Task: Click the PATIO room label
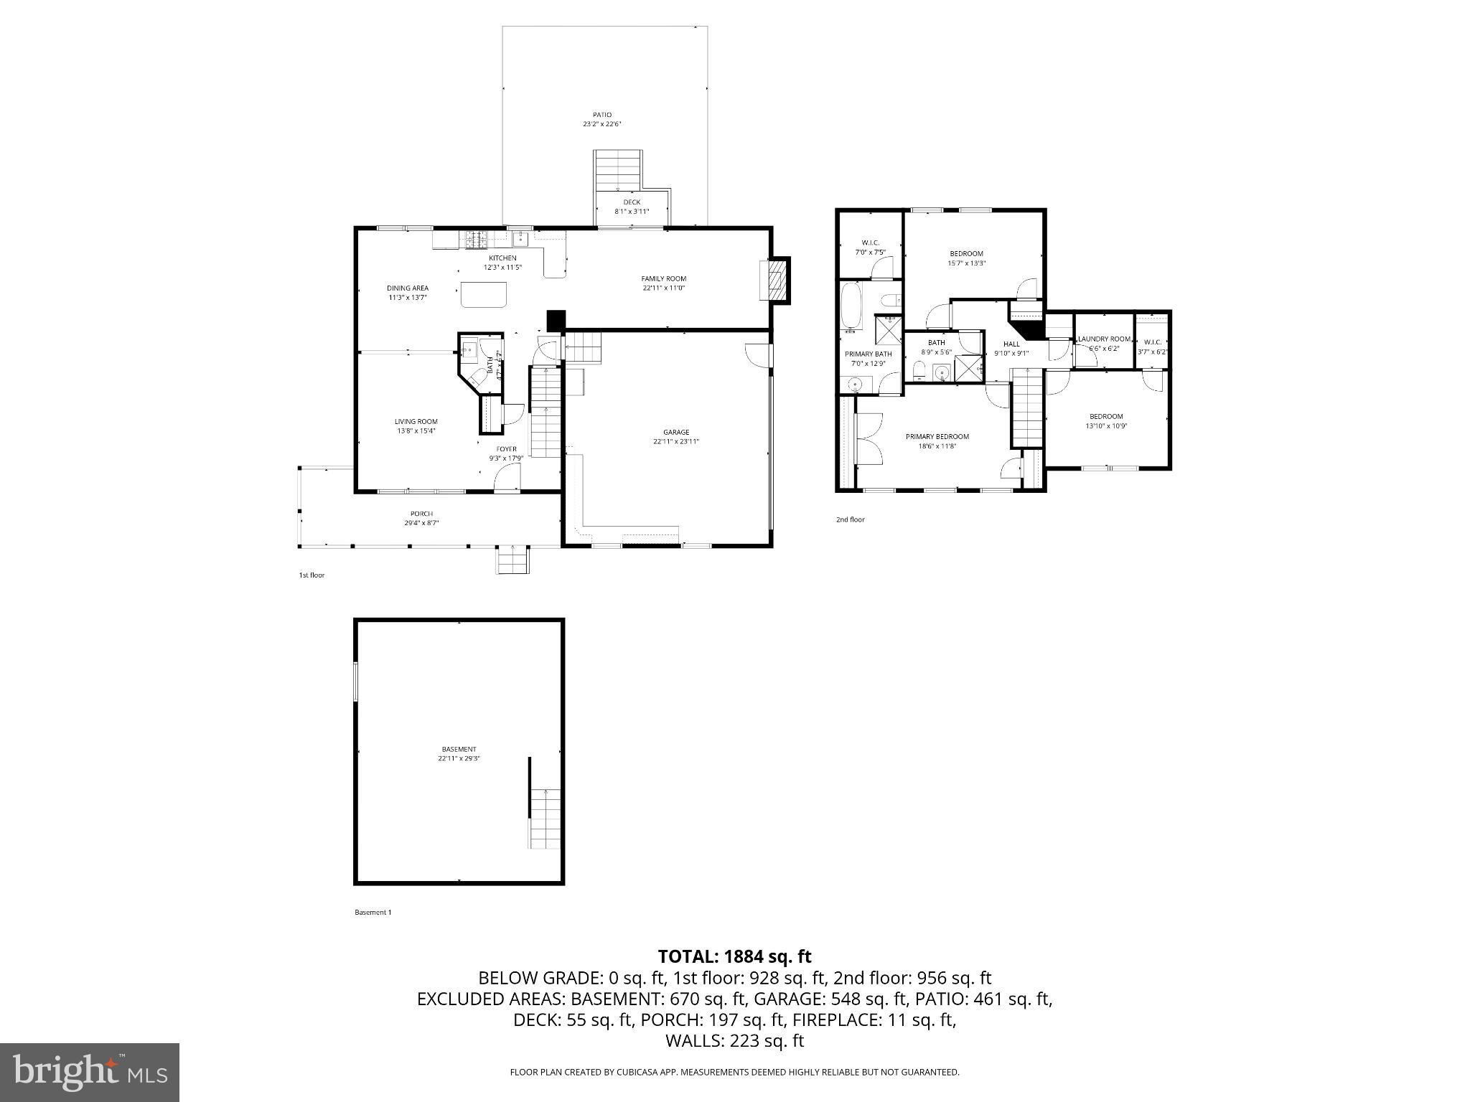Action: pyautogui.click(x=601, y=115)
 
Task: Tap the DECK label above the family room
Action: pyautogui.click(x=632, y=202)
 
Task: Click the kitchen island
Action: pyautogui.click(x=484, y=294)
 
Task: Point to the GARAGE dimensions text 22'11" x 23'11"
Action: pyautogui.click(x=675, y=442)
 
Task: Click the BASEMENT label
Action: pyautogui.click(x=459, y=749)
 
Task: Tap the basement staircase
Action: pyautogui.click(x=545, y=819)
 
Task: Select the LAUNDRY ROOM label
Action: pyautogui.click(x=1104, y=339)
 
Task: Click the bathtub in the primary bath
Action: pyautogui.click(x=853, y=307)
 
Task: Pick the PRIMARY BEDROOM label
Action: pyautogui.click(x=937, y=436)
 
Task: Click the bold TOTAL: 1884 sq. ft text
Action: pyautogui.click(x=734, y=956)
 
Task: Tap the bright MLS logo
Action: pyautogui.click(x=89, y=1072)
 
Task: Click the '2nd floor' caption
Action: pyautogui.click(x=850, y=519)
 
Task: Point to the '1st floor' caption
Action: pyautogui.click(x=312, y=575)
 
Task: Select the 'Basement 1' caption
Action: pyautogui.click(x=373, y=913)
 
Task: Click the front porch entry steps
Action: pyautogui.click(x=512, y=560)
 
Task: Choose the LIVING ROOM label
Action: pyautogui.click(x=416, y=421)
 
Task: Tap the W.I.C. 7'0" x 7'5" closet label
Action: pyautogui.click(x=870, y=242)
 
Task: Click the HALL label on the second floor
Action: pyautogui.click(x=1011, y=344)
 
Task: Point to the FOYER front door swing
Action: pyautogui.click(x=507, y=476)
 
